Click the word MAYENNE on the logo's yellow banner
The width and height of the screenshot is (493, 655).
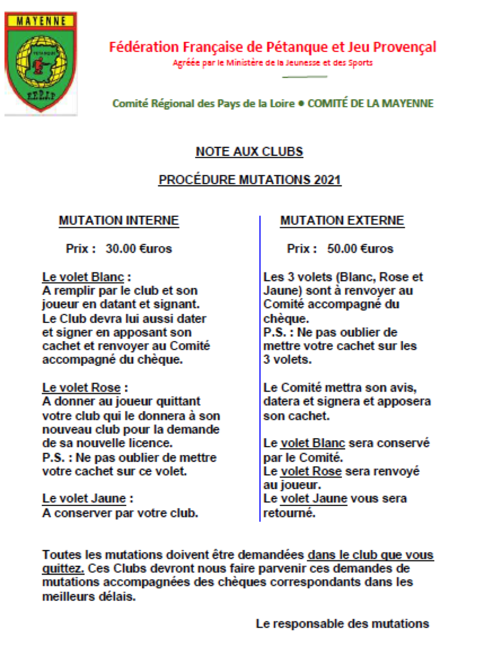[x=40, y=21]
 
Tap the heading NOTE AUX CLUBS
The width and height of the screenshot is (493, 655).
[x=249, y=152]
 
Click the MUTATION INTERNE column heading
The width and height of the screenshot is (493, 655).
[x=119, y=221]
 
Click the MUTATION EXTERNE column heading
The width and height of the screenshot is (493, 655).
[x=342, y=221]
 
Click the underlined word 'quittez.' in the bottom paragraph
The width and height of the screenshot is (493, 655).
[x=63, y=569]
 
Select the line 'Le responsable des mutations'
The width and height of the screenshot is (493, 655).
[x=342, y=624]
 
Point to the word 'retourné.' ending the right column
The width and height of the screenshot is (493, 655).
[x=289, y=513]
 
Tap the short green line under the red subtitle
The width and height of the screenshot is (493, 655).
[x=305, y=77]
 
